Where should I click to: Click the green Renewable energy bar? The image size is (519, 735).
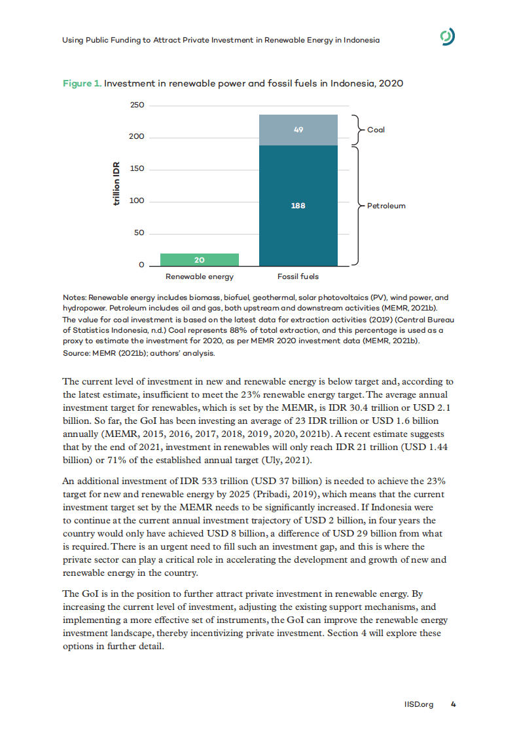[x=190, y=259]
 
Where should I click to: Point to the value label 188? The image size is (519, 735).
[x=298, y=206]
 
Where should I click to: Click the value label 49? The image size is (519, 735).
[x=298, y=130]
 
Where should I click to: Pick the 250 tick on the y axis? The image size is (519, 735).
[x=136, y=105]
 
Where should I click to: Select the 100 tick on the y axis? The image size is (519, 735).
[x=136, y=201]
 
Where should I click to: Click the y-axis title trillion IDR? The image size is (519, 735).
[x=117, y=185]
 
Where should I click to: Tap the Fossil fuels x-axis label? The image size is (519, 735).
[x=298, y=277]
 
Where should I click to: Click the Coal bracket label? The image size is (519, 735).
[x=376, y=130]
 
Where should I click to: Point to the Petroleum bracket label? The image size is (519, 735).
[x=385, y=206]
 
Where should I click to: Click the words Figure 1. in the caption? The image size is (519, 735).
[x=82, y=84]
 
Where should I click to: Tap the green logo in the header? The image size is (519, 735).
[x=447, y=39]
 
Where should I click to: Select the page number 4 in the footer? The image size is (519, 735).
[x=453, y=705]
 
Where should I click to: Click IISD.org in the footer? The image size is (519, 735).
[x=420, y=705]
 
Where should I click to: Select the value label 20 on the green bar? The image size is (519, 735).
[x=190, y=259]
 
